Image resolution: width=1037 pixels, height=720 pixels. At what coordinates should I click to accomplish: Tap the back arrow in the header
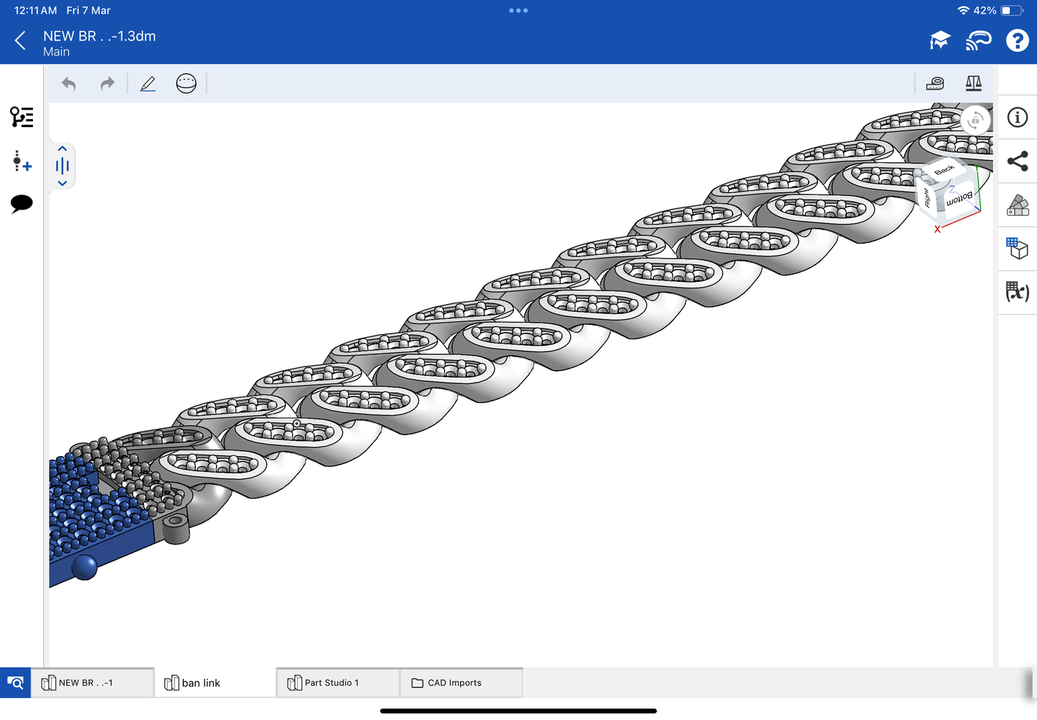click(20, 41)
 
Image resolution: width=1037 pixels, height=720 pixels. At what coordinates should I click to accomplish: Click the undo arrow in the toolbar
click(69, 84)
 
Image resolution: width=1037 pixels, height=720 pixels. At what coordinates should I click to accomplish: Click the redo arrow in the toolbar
click(108, 84)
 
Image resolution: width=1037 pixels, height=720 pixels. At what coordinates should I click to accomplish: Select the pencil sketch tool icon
click(148, 84)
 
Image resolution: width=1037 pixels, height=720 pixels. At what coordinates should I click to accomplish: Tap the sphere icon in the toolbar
click(186, 84)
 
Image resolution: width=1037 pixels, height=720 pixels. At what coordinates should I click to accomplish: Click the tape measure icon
click(934, 84)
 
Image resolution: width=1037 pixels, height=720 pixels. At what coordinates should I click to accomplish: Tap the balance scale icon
click(974, 83)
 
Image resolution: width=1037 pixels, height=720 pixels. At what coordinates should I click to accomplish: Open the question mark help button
click(1017, 41)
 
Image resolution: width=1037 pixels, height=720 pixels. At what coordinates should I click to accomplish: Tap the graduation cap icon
click(940, 40)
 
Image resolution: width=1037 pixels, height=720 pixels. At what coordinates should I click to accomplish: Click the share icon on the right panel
click(1018, 161)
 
